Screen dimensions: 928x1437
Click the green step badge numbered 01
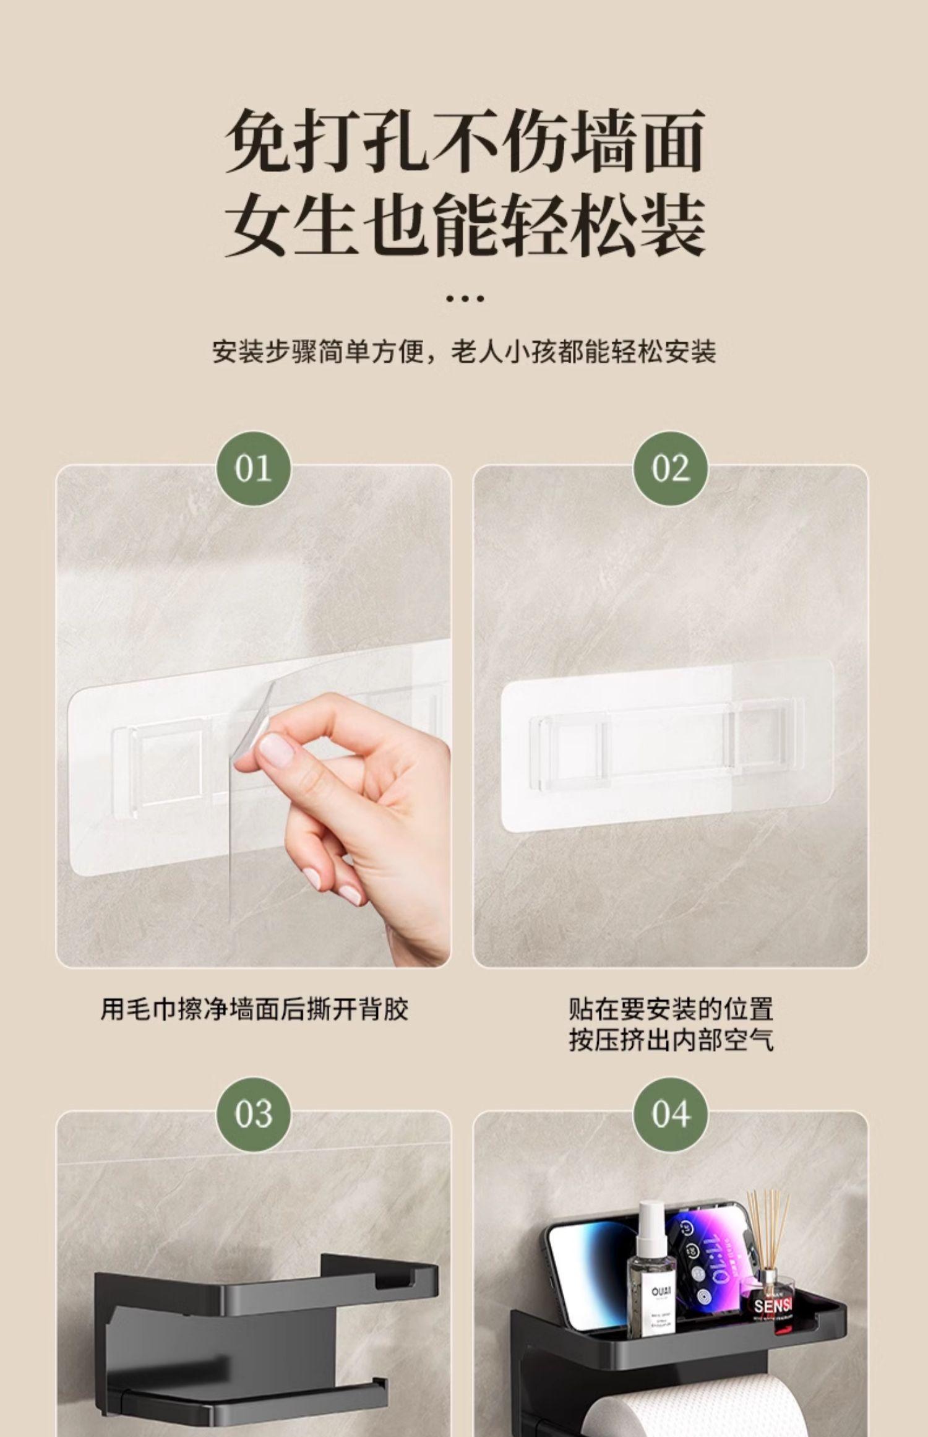[254, 468]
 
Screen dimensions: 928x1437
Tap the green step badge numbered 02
[670, 468]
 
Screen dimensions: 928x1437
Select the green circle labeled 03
[254, 1115]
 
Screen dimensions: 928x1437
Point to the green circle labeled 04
[670, 1115]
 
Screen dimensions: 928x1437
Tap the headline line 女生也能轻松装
[465, 224]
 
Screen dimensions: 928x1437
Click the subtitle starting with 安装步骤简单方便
[464, 352]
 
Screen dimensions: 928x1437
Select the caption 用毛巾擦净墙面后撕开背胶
[254, 1009]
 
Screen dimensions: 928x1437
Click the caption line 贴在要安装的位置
[671, 1009]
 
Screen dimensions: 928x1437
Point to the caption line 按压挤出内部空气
[671, 1041]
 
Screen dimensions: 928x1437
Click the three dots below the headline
[465, 299]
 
